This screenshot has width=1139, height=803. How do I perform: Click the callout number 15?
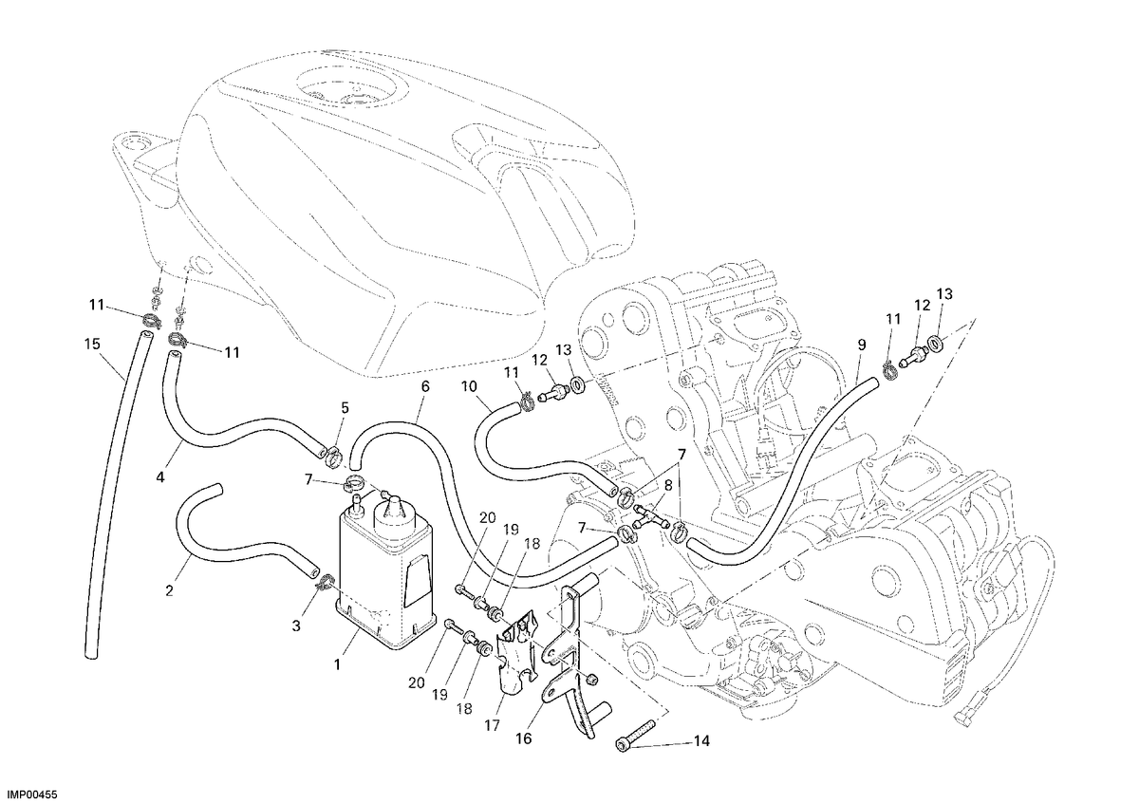[92, 345]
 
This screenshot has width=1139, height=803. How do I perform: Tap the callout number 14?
[701, 741]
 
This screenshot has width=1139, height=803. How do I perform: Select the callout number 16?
[524, 738]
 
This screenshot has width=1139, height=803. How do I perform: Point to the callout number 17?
[493, 725]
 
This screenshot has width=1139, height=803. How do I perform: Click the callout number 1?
[337, 664]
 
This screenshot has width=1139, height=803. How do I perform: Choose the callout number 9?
[862, 345]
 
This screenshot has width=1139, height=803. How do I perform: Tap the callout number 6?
[425, 386]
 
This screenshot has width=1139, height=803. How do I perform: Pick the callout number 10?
[469, 387]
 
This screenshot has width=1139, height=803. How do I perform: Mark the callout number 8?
[668, 486]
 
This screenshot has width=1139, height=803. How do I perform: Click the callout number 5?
[345, 407]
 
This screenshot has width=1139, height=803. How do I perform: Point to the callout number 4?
[160, 477]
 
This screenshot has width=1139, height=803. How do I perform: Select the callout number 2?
[169, 590]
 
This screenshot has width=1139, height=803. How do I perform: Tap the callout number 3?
[296, 626]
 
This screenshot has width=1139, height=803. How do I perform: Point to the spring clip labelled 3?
[324, 582]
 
